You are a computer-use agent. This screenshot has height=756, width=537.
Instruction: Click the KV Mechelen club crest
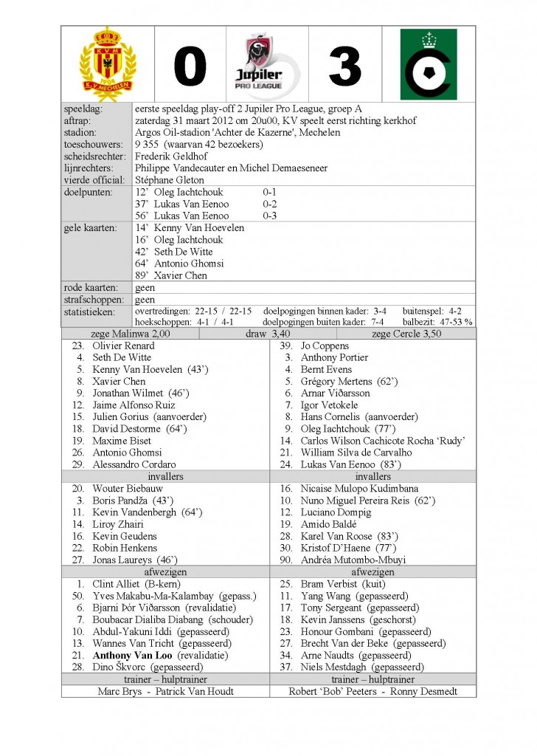[108, 64]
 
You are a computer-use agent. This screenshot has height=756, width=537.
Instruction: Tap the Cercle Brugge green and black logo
[429, 65]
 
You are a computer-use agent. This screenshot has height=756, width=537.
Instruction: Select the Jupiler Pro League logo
[268, 65]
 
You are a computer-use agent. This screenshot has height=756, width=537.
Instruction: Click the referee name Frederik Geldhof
[170, 157]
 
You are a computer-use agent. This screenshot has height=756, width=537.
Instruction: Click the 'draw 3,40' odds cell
[268, 334]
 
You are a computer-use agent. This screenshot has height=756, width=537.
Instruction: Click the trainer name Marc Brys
[119, 691]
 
